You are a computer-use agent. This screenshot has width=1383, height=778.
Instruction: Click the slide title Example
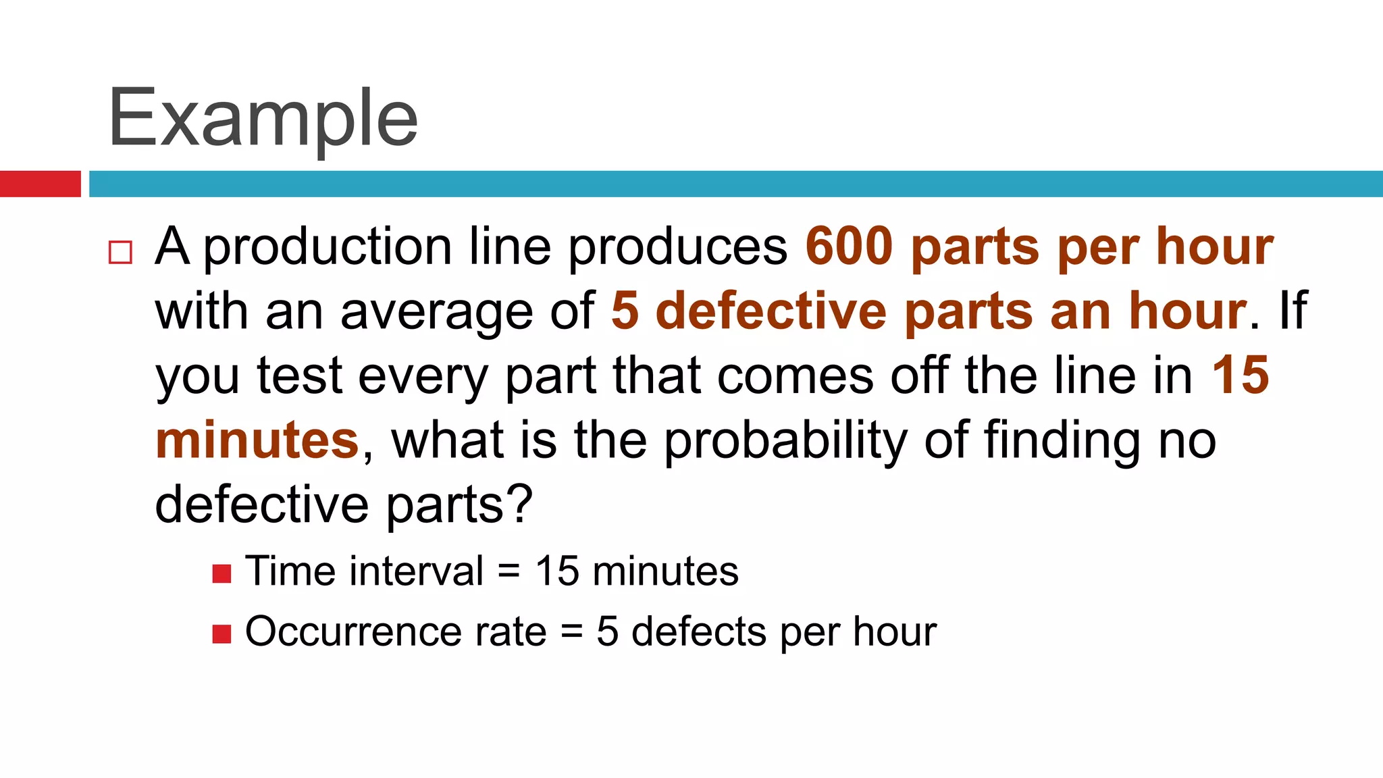263,119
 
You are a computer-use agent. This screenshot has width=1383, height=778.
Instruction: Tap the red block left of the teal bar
40,184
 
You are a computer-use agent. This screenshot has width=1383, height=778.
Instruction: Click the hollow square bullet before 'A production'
120,253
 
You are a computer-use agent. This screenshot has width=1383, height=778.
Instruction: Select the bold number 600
849,247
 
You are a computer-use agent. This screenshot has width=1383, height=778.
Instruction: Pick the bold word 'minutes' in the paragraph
257,440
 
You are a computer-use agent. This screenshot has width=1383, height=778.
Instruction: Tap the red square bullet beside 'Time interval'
221,573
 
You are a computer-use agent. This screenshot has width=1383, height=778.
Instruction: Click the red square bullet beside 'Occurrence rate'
221,634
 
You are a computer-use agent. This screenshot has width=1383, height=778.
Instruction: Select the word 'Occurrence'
353,632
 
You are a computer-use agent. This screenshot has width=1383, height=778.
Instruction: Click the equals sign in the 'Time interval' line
509,572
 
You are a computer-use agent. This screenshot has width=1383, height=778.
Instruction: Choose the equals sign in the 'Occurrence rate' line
571,633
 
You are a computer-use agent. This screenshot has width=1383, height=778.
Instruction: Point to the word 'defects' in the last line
699,632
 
